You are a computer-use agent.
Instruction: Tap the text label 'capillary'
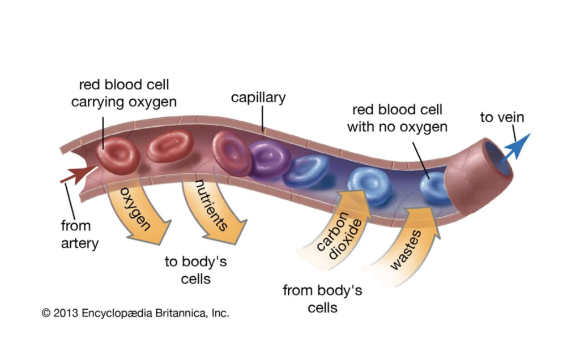[x=258, y=97]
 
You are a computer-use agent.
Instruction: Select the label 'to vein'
[x=502, y=118]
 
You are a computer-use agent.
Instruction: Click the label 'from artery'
[x=79, y=234]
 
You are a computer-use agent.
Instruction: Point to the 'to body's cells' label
[x=195, y=270]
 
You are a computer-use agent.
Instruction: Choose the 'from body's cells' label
[x=322, y=299]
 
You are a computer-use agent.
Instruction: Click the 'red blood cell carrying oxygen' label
[x=123, y=93]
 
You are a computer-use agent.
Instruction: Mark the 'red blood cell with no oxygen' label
[x=397, y=118]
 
